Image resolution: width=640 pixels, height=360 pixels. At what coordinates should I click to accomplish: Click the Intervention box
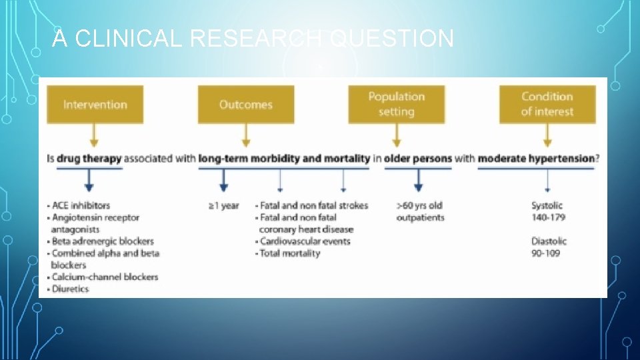click(x=95, y=104)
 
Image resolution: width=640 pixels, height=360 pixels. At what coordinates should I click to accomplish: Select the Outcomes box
click(x=245, y=104)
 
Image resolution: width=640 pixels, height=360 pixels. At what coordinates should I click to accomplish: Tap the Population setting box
click(x=396, y=104)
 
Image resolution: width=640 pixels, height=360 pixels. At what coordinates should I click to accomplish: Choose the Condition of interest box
click(x=547, y=104)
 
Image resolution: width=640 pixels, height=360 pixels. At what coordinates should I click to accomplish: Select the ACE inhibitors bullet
click(x=79, y=205)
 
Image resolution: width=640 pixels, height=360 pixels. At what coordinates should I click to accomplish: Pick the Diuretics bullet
click(x=69, y=289)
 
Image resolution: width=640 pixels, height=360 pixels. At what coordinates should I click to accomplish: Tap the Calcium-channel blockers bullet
click(x=104, y=277)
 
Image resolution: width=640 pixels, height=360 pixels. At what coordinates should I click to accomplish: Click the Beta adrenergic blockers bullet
click(x=101, y=241)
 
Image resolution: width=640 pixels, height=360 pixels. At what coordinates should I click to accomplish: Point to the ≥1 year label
click(x=223, y=205)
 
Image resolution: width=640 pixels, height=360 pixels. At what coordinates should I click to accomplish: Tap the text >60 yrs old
click(x=419, y=205)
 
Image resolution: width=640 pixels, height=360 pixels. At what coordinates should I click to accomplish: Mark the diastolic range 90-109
click(x=546, y=253)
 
